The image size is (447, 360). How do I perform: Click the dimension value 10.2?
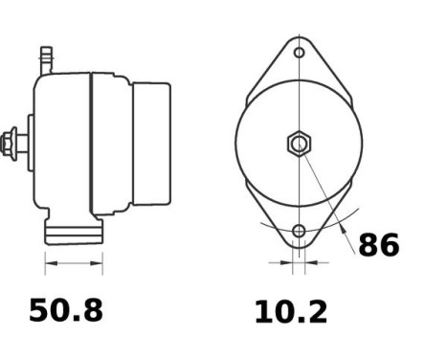click(x=290, y=312)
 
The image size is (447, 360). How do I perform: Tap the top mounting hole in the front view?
click(x=299, y=53)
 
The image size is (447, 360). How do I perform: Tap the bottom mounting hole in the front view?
click(x=299, y=231)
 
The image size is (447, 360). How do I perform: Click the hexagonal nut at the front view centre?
click(x=299, y=145)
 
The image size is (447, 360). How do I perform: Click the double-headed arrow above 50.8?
click(x=73, y=262)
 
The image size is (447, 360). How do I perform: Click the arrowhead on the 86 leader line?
click(x=342, y=226)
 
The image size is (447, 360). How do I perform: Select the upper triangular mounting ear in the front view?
click(x=299, y=62)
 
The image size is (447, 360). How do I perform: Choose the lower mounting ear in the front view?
click(x=299, y=226)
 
